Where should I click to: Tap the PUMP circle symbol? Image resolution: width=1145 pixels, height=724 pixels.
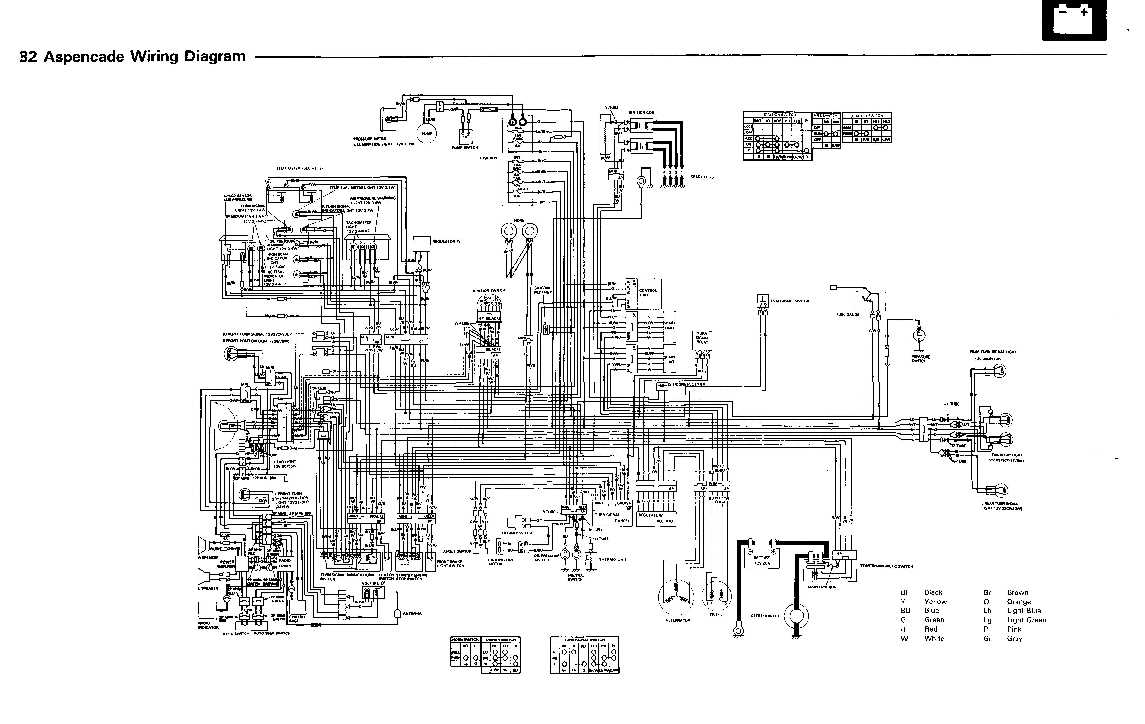click(427, 134)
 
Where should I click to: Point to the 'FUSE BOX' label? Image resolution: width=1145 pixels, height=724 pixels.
click(488, 158)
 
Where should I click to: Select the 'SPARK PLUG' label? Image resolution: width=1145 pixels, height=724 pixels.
click(702, 177)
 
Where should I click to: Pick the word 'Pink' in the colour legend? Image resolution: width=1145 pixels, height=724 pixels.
click(1014, 629)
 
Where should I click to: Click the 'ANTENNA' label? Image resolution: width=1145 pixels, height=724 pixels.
click(412, 613)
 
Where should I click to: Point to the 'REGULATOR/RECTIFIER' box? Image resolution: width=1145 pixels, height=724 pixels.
click(656, 518)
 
